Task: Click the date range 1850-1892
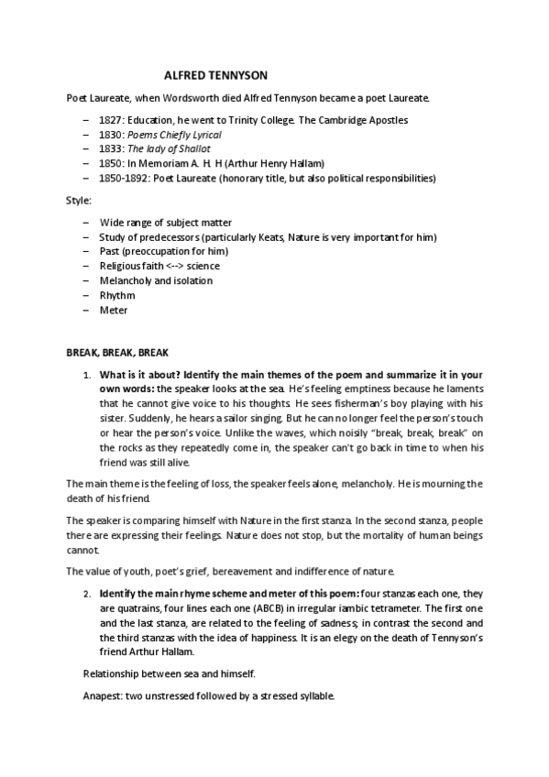126,178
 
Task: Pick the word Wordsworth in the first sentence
188,98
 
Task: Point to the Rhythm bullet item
117,296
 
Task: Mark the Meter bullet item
114,311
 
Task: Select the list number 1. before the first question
87,375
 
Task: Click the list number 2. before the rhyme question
87,593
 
